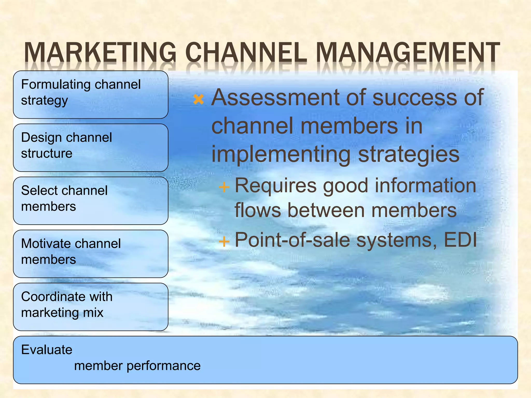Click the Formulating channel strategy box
coord(90,95)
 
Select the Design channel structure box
coord(90,148)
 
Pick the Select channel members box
coord(90,201)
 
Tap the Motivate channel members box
coord(90,254)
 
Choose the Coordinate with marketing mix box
coord(90,307)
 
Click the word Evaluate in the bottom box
coord(47,350)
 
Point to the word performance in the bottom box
coord(163,366)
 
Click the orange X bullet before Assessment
coord(199,99)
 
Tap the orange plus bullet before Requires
coord(224,187)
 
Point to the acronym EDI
coord(460,240)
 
